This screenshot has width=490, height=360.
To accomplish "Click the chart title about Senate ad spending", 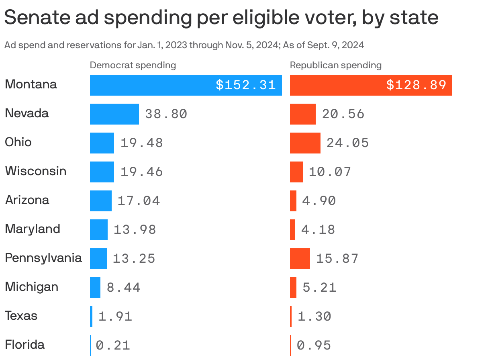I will tap(221, 18).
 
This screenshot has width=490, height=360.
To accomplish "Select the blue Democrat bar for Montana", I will tap(153, 85).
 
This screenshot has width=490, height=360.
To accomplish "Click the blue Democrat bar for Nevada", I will tap(114, 114).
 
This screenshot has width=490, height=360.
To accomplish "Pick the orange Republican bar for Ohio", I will tap(305, 143).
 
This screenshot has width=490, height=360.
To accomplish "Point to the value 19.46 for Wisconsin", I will tap(141, 172).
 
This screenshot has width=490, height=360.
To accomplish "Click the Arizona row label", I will tap(27, 200).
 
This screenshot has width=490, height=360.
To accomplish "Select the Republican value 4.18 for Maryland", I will tap(318, 230).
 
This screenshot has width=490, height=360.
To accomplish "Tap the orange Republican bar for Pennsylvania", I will tap(300, 259).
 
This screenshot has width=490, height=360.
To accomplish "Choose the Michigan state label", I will tap(31, 287).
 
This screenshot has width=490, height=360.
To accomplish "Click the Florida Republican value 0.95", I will tap(314, 346).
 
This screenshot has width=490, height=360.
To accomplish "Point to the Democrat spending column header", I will tap(133, 65).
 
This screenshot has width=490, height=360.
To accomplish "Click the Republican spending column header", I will tap(335, 65).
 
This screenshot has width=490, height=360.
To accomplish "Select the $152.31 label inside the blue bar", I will tap(245, 85).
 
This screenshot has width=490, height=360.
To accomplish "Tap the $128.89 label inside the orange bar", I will tap(416, 85).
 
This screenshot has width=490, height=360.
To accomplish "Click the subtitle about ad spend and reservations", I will tap(184, 45).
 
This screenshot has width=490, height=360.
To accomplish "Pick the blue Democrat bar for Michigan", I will tap(95, 288).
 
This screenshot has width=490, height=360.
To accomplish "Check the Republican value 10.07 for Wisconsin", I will tap(330, 172).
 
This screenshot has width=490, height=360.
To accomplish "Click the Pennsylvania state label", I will tap(43, 258).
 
